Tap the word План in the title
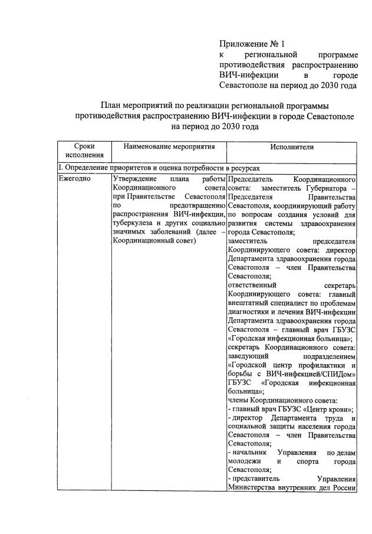pyautogui.click(x=111, y=104)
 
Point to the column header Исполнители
pyautogui.click(x=292, y=146)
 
